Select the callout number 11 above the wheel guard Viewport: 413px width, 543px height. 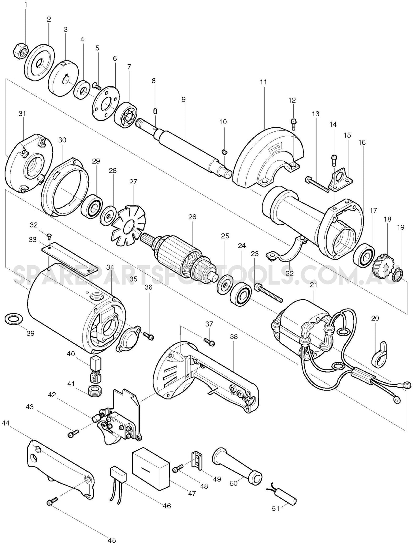[x=263, y=82]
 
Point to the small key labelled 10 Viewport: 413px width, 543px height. [x=224, y=151]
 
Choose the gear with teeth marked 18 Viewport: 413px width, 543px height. [x=382, y=263]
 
